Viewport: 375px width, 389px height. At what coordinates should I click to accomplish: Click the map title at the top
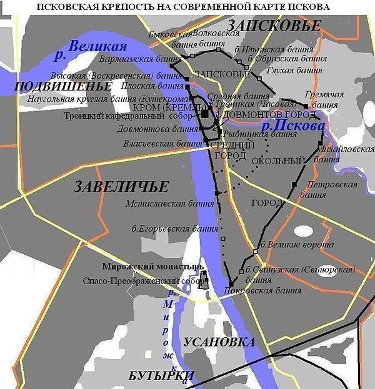[187, 7]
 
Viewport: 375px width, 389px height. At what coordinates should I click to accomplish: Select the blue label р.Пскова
[293, 126]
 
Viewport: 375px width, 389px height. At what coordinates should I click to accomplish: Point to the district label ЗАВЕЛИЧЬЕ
[121, 187]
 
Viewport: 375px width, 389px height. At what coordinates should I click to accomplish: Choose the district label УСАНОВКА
[219, 342]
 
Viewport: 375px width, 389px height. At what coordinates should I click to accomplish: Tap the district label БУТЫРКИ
[161, 375]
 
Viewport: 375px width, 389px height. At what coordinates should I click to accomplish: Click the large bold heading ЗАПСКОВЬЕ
[274, 26]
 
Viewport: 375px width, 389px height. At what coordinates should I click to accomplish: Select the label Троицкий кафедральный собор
[127, 116]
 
